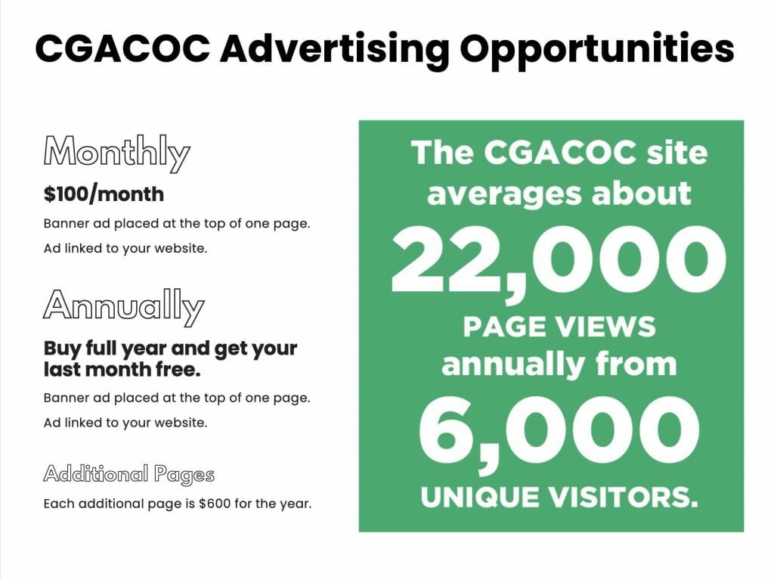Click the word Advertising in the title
[335, 50]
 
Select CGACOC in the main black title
[122, 48]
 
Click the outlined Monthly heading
[116, 154]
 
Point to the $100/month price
[104, 194]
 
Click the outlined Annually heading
[123, 307]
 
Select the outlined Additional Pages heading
[128, 475]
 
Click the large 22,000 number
[559, 260]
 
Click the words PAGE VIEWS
[559, 327]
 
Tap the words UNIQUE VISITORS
[559, 497]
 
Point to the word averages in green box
[504, 194]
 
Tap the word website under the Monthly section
[181, 248]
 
